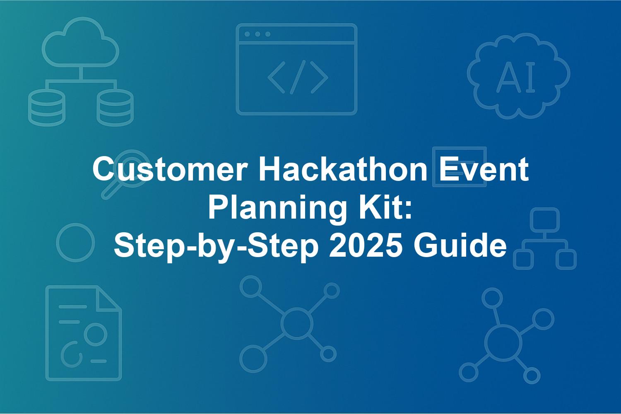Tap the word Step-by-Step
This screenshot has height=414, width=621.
coord(216,247)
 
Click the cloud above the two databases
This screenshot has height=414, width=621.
coord(80,42)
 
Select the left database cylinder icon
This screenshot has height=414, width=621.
coord(47,108)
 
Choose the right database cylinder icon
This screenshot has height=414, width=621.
coord(115,108)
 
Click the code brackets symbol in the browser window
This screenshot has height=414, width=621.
coord(298,77)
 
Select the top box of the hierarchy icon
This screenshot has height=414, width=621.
coord(545,220)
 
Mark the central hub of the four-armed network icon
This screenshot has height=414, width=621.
coord(297,323)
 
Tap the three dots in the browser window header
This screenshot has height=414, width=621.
coord(258,34)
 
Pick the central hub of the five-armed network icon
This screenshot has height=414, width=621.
coord(503,343)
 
